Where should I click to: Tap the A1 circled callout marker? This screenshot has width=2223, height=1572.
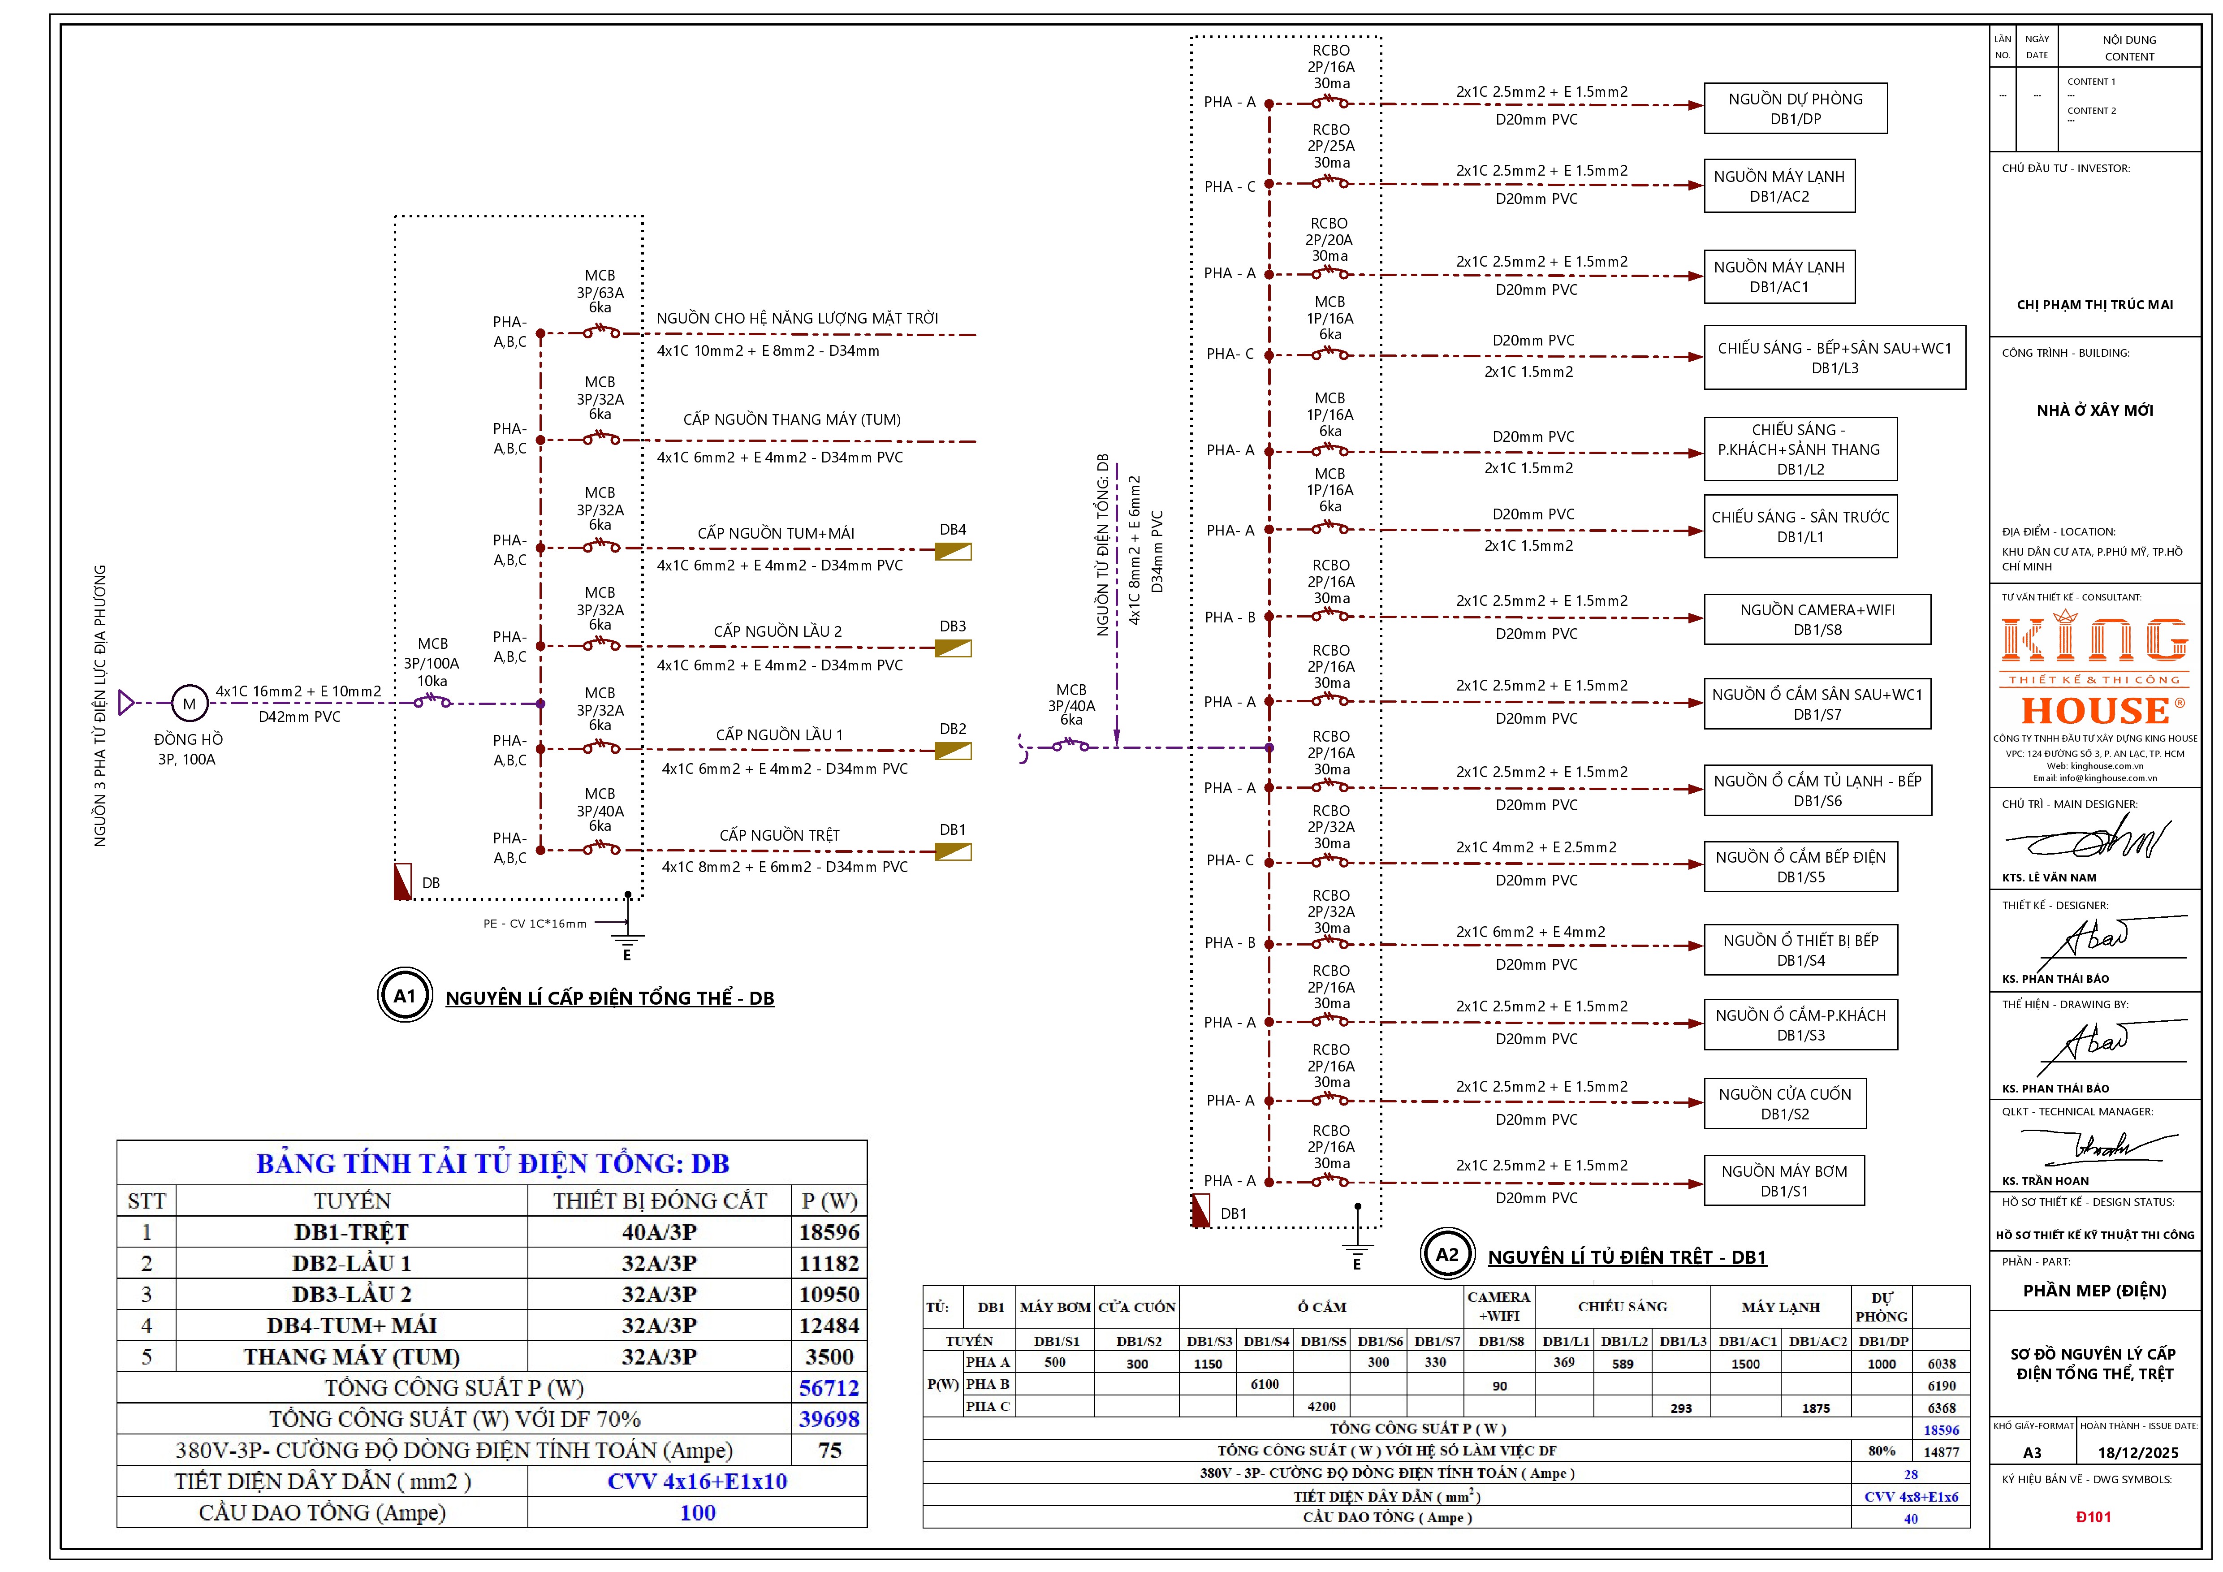pyautogui.click(x=405, y=995)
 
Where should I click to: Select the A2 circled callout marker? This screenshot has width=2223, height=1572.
pyautogui.click(x=1446, y=1254)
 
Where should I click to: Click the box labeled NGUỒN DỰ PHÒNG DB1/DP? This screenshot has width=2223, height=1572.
pyautogui.click(x=1795, y=108)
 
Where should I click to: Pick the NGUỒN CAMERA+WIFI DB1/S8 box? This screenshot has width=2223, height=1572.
pyautogui.click(x=1817, y=619)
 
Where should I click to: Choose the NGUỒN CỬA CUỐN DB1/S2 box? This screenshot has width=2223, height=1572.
pyautogui.click(x=1784, y=1104)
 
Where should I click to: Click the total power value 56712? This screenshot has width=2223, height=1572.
pyautogui.click(x=829, y=1388)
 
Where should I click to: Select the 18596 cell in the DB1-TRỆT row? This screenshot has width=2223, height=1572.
pyautogui.click(x=829, y=1232)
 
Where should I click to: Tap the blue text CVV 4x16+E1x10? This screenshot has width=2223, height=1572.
pyautogui.click(x=697, y=1481)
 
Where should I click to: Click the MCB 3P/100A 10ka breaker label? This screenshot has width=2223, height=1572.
pyautogui.click(x=432, y=662)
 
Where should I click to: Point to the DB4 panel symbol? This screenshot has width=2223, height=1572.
pyautogui.click(x=953, y=551)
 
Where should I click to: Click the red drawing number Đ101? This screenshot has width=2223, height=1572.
pyautogui.click(x=2093, y=1517)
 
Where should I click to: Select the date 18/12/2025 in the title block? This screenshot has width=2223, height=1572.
pyautogui.click(x=2138, y=1453)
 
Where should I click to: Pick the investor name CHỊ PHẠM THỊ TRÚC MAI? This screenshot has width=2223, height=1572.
pyautogui.click(x=2094, y=305)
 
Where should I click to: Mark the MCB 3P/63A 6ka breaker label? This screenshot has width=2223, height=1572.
pyautogui.click(x=600, y=291)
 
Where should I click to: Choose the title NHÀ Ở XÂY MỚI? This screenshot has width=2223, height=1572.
pyautogui.click(x=2094, y=410)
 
